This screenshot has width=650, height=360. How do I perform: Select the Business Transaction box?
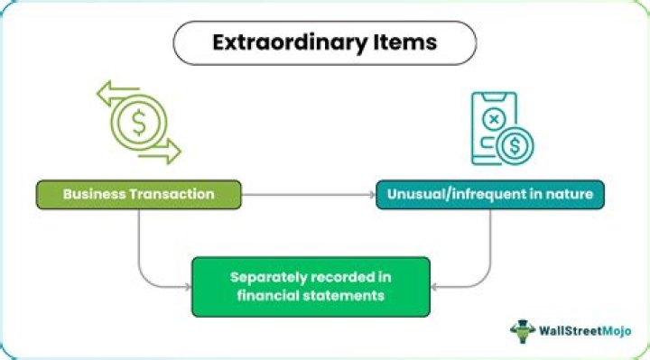139,194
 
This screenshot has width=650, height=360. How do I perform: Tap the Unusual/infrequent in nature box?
490,194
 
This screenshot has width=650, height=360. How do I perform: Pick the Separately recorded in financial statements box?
311,286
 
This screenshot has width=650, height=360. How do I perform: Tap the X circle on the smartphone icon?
493,118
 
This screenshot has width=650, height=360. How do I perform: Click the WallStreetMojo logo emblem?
523,330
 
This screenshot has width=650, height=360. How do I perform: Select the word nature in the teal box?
569,194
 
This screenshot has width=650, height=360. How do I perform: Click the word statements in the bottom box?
352,295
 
